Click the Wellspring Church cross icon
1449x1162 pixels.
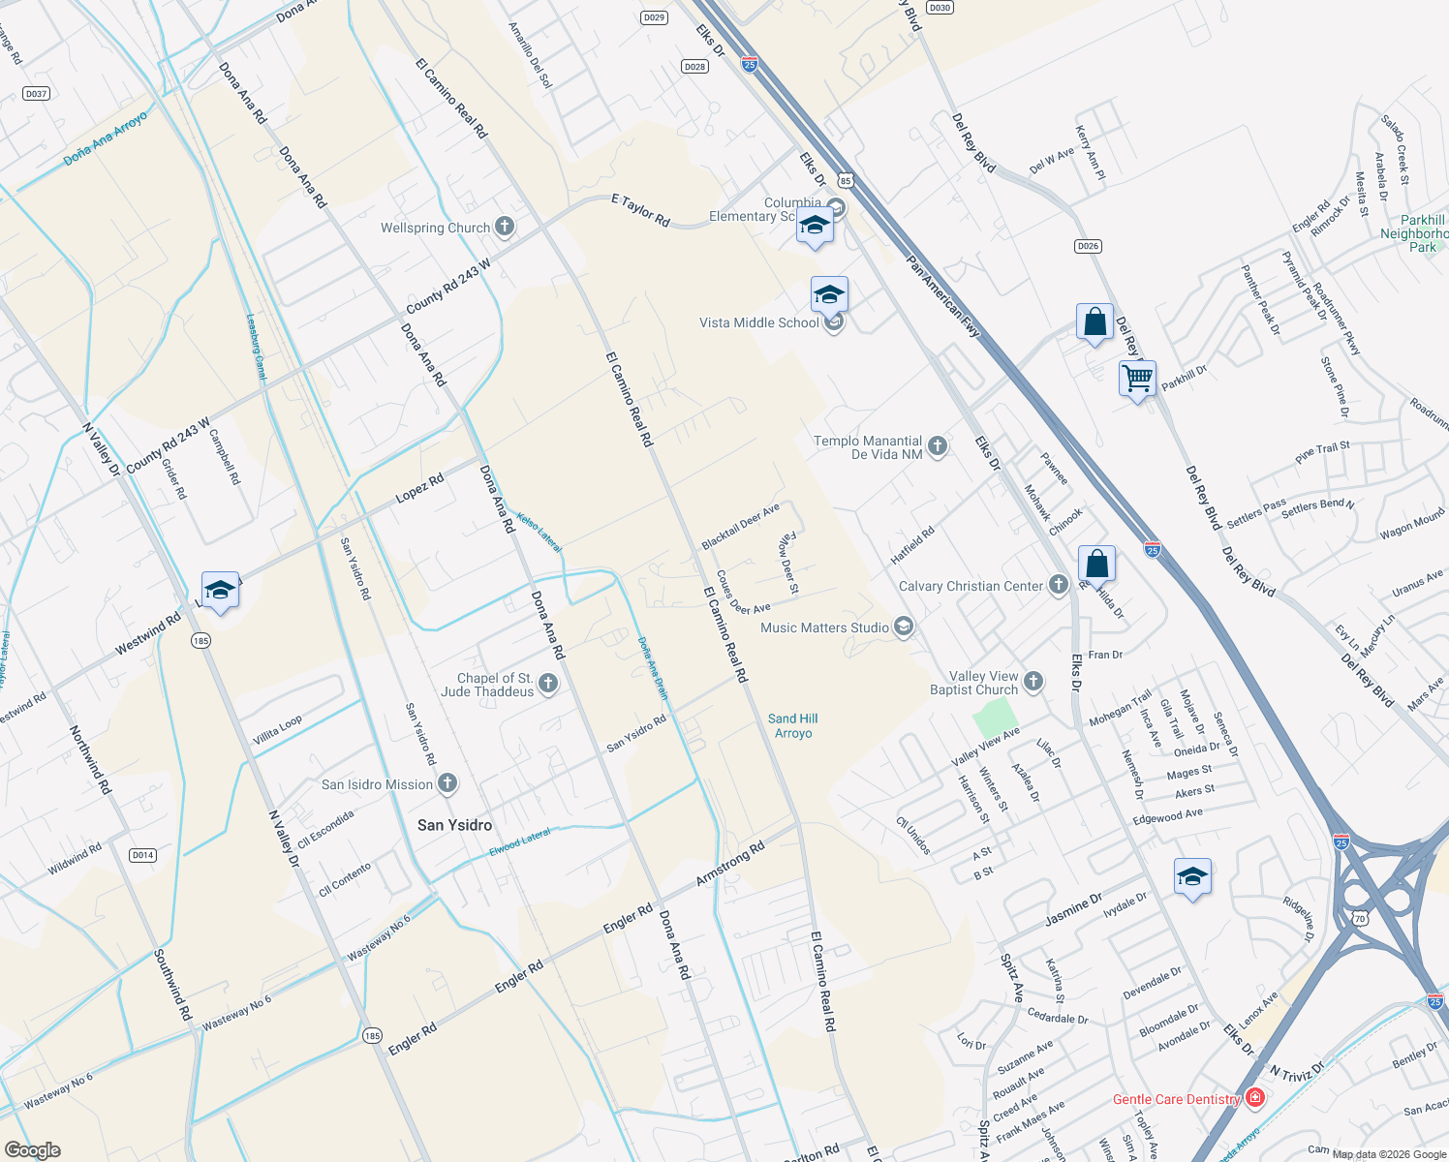504,228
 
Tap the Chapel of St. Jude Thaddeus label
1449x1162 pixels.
495,685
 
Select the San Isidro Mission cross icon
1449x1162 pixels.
447,784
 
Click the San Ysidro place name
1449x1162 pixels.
454,825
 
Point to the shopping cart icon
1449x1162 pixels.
1137,378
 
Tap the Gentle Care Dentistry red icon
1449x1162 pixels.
1255,1098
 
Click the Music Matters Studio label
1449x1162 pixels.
824,627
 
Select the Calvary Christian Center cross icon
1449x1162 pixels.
1059,585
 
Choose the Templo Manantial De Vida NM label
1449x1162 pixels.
868,447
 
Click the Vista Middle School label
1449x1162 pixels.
759,322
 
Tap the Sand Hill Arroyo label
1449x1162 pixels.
793,725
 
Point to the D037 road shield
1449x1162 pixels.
36,94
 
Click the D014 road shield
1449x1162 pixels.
142,855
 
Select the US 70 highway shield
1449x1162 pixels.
1360,918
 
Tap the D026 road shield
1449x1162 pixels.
1088,246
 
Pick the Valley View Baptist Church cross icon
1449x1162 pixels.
1033,682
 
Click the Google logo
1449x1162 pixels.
33,1150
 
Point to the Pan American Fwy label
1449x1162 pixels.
943,296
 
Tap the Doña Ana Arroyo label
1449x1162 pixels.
105,138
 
